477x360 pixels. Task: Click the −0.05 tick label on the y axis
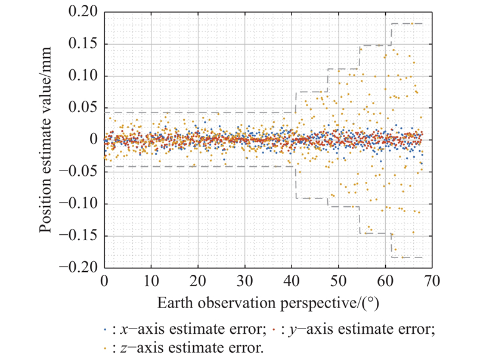point(80,172)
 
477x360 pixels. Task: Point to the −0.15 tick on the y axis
point(80,236)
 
